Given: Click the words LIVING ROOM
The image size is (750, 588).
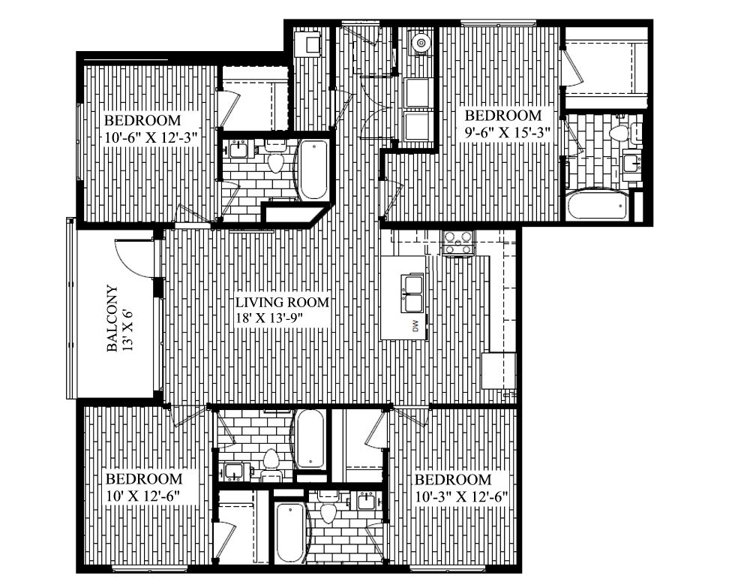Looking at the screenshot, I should click(283, 303).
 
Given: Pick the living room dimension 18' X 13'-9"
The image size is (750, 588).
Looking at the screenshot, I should click(280, 318).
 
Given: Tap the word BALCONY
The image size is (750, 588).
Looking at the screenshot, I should click(112, 318).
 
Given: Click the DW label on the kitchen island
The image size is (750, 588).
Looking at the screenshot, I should click(414, 325).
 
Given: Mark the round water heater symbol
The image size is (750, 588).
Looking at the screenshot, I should click(421, 43).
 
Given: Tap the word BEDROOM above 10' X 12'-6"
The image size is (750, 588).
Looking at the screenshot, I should click(143, 479).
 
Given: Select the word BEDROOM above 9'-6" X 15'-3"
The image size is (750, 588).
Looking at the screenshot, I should click(503, 116).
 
